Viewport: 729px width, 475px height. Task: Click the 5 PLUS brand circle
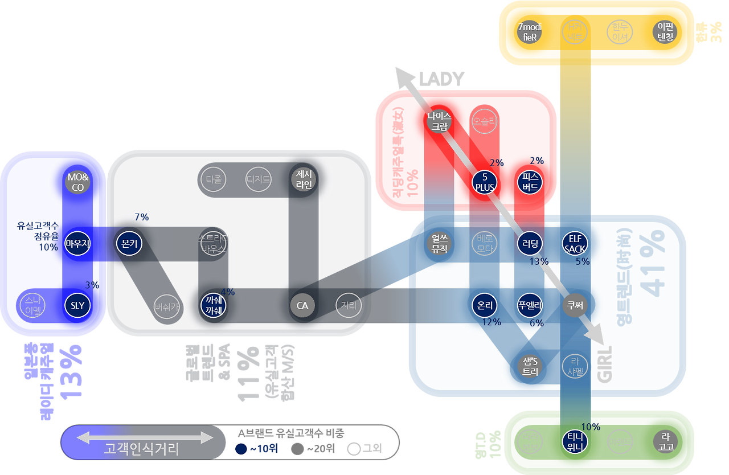tap(485, 183)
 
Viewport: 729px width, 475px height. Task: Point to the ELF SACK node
tap(574, 244)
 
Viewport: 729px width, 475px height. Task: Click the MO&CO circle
tap(78, 182)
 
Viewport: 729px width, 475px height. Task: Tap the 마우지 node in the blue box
tap(78, 244)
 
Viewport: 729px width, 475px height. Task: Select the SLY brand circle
tap(78, 305)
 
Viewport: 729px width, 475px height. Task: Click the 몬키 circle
tap(129, 244)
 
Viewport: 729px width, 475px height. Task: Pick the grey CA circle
tap(302, 305)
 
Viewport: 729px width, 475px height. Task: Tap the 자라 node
tap(348, 305)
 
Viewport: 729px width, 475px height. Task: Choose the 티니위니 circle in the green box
tap(574, 442)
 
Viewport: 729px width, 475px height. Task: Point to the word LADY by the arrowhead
tap(441, 79)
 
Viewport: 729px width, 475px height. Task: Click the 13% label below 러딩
tap(538, 261)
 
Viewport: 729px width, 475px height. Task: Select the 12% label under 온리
tap(491, 322)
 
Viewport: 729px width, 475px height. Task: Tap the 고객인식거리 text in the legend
tap(142, 449)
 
